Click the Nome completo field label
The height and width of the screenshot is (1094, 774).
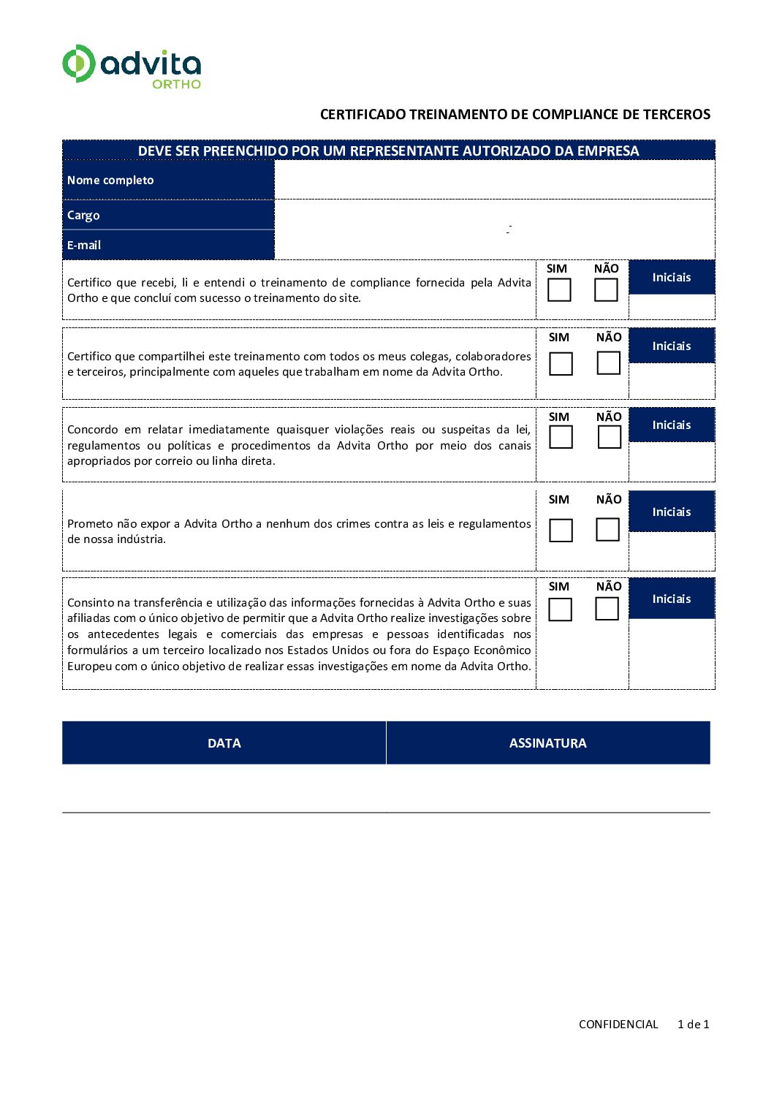[110, 181]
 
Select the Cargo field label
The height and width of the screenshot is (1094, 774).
[83, 216]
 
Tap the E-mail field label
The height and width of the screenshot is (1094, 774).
[84, 246]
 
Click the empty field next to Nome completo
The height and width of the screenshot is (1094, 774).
[494, 180]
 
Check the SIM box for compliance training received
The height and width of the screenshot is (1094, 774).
[559, 290]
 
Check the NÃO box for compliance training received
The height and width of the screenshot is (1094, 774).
[606, 290]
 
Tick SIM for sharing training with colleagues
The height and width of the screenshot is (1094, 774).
[561, 363]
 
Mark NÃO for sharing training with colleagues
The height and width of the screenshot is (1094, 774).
[608, 362]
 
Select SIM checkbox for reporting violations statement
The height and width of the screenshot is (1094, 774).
[561, 437]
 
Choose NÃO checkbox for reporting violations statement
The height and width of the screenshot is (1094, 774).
[609, 437]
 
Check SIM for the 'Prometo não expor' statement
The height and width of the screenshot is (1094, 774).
[561, 530]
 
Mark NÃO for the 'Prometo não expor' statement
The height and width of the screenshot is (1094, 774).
[607, 529]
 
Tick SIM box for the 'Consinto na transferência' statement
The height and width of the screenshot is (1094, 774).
[560, 609]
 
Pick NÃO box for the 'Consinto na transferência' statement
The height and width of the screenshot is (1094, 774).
[607, 609]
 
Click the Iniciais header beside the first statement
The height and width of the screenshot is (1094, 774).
[671, 278]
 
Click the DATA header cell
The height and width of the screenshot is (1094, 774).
[224, 743]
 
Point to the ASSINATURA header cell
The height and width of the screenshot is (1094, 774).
[547, 743]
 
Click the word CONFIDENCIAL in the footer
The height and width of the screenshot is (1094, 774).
[618, 1025]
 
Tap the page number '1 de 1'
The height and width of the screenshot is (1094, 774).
[693, 1025]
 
